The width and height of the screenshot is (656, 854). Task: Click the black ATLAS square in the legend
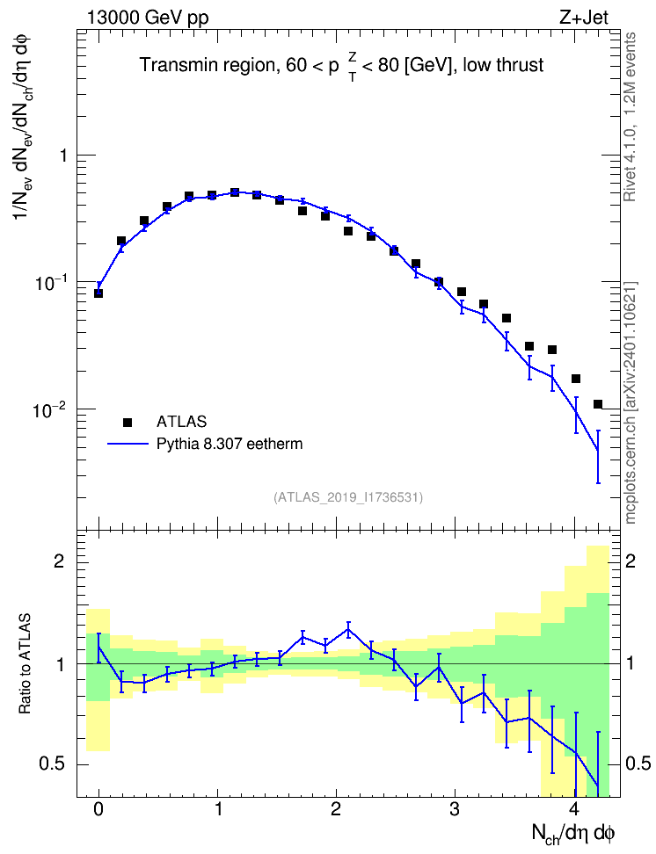pos(128,422)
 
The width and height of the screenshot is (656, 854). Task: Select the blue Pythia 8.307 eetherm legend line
pos(128,445)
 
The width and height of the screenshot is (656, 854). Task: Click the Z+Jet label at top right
pos(584,18)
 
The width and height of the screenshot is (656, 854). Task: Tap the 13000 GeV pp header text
pos(148,18)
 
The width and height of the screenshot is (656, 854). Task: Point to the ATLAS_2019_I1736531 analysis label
pos(348,497)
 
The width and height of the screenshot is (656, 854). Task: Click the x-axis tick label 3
pos(455,809)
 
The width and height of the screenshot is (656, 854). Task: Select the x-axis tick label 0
pos(98,809)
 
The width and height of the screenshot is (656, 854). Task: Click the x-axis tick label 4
pos(574,809)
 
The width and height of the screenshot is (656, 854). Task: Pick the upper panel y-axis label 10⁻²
pos(47,409)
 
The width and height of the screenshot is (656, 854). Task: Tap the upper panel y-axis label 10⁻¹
pos(47,283)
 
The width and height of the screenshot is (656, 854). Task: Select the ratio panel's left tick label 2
pos(59,561)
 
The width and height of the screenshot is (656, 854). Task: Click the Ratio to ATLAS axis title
pos(25,664)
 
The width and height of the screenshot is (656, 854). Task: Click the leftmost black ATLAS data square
pos(98,293)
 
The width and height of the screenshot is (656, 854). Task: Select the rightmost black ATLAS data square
pos(598,404)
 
